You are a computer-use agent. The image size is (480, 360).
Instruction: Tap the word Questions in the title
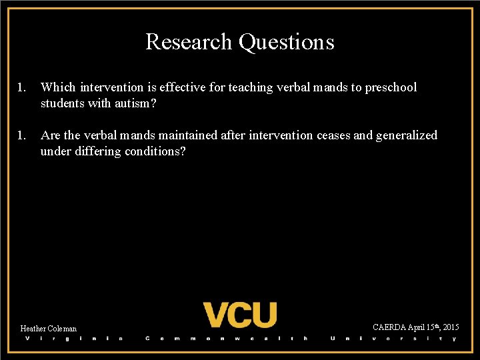click(286, 42)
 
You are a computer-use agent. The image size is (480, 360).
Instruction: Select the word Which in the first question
click(58, 87)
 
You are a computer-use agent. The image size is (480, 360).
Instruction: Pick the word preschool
click(390, 87)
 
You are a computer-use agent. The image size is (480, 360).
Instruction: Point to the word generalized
click(407, 135)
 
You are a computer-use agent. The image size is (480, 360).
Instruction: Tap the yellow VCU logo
click(240, 314)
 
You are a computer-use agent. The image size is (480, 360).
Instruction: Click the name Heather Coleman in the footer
click(49, 329)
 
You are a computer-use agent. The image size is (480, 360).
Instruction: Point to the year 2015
click(450, 327)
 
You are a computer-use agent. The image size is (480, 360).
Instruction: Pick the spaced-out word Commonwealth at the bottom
click(227, 339)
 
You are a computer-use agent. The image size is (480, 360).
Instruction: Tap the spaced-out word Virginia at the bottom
click(74, 339)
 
